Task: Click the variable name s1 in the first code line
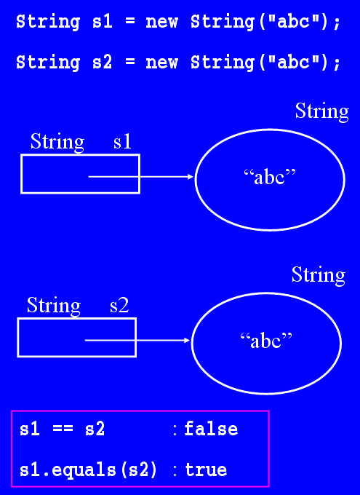click(x=103, y=23)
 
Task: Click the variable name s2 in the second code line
click(x=103, y=62)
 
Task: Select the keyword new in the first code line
click(x=161, y=23)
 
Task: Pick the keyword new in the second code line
click(x=161, y=63)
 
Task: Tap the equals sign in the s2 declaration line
click(x=129, y=61)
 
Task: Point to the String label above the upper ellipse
click(x=322, y=112)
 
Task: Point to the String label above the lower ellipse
click(x=319, y=275)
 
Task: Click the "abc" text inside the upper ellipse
click(x=270, y=177)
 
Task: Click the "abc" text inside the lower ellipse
click(x=266, y=341)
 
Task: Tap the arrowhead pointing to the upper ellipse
click(x=190, y=177)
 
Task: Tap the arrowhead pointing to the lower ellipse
click(x=186, y=341)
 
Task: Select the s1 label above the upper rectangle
click(x=122, y=142)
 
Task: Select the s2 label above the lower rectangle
click(x=119, y=306)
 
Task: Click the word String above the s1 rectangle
click(x=57, y=143)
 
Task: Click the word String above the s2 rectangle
click(x=54, y=306)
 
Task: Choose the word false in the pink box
click(x=211, y=429)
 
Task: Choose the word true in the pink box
click(x=206, y=470)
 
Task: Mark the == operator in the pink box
click(x=63, y=429)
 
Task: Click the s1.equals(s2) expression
click(x=88, y=470)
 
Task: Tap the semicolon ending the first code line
click(x=337, y=24)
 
